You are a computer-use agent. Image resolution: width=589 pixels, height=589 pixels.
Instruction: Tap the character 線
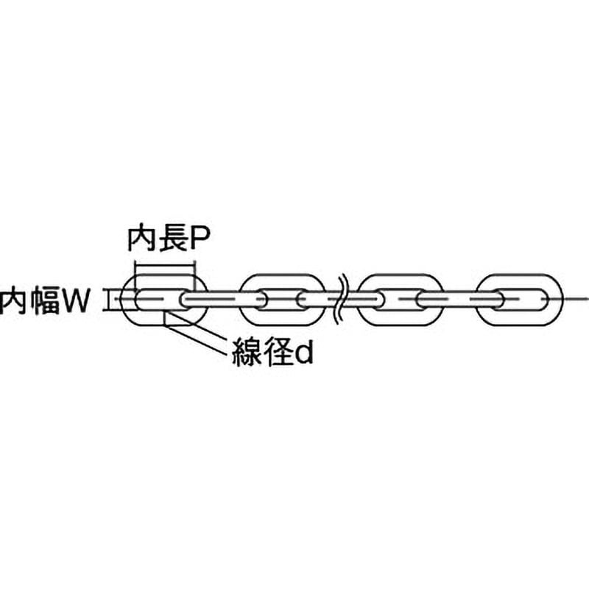click(247, 353)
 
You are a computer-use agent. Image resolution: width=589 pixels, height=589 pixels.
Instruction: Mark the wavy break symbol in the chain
click(342, 300)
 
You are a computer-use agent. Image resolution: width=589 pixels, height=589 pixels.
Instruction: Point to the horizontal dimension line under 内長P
click(165, 265)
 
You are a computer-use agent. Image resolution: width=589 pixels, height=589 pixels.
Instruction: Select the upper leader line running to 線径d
click(198, 327)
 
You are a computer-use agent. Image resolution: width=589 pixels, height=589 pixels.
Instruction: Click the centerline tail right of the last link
click(576, 300)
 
